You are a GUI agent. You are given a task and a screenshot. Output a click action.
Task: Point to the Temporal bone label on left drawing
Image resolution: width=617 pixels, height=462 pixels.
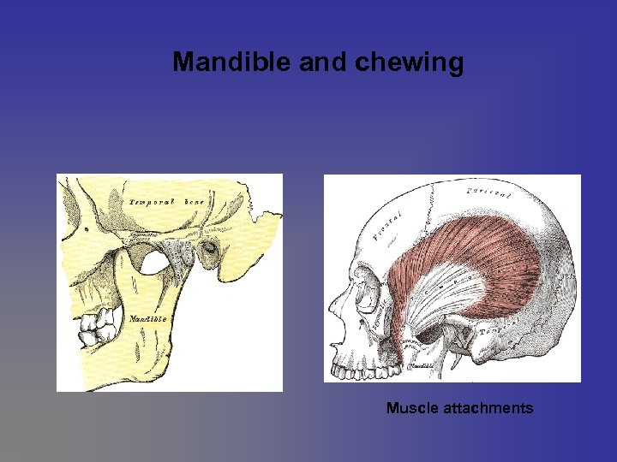click(166, 202)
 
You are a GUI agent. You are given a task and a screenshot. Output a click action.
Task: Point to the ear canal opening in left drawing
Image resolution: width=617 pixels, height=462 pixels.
click(208, 249)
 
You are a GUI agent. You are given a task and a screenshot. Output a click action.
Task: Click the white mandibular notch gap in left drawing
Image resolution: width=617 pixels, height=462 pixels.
click(154, 260)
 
